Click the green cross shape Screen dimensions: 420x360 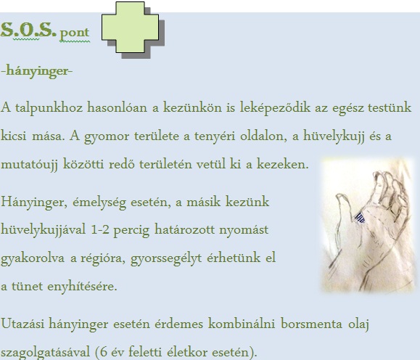130,27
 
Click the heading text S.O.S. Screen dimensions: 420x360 28,30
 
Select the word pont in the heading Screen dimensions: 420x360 75,33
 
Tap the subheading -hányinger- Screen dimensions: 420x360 37,71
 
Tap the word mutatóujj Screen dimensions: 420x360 29,165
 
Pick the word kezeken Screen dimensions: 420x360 283,164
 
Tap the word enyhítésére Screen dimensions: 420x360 82,287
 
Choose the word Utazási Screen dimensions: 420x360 22,324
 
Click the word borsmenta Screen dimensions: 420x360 311,324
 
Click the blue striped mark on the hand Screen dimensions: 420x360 360,218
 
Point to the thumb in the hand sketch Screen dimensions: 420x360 345,212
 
